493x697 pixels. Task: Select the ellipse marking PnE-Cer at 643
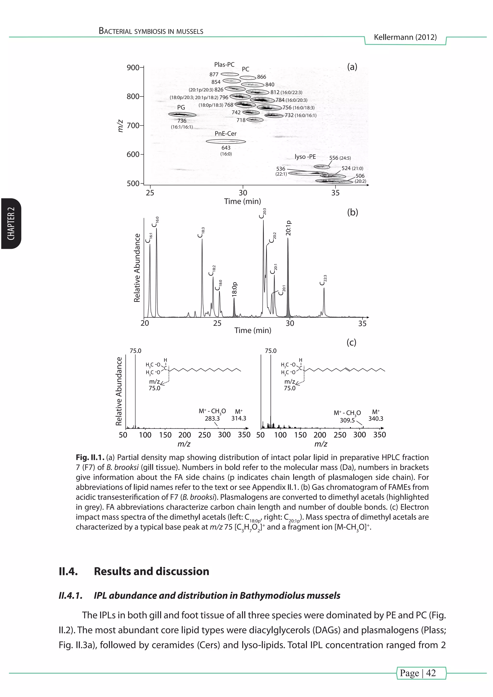coord(226,141)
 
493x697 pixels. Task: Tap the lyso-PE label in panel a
coord(305,157)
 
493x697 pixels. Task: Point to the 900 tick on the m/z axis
coord(133,67)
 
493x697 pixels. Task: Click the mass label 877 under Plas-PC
coord(214,74)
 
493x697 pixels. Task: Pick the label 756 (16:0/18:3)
coord(298,108)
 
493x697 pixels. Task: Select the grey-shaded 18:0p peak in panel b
coord(234,310)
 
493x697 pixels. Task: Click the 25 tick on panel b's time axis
coord(217,323)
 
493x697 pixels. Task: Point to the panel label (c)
coord(351,342)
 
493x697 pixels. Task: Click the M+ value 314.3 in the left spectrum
coord(239,418)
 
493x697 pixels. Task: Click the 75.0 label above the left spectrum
coord(135,351)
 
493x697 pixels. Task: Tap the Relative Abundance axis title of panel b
coord(137,268)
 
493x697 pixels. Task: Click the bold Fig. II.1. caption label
coord(90,458)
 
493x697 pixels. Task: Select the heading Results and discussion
coord(151,571)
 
